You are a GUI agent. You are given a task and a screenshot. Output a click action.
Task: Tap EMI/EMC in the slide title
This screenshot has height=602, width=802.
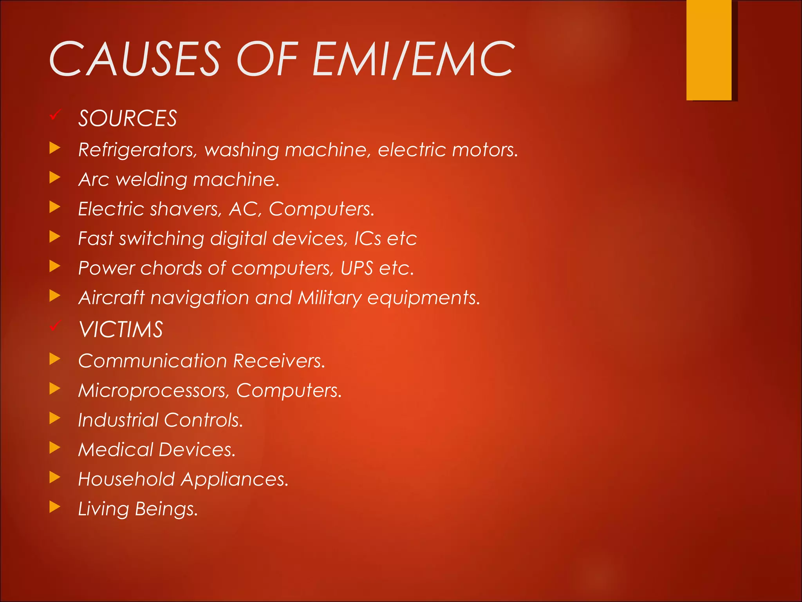coord(413,59)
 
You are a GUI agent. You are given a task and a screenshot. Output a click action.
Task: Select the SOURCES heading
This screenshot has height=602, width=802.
coord(128,118)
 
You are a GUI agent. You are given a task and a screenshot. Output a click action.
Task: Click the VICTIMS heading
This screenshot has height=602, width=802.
coord(121,330)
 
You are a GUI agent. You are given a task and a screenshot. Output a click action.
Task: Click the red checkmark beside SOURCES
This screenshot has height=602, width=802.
coord(55,115)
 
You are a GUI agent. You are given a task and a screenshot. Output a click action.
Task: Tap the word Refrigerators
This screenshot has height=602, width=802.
coord(137,150)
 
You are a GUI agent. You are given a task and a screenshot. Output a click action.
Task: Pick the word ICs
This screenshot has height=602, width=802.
coord(367,239)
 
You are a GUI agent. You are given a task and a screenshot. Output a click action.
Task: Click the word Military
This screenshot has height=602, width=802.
coord(329,298)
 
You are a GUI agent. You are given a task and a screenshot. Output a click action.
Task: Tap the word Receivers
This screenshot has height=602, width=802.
coord(279,361)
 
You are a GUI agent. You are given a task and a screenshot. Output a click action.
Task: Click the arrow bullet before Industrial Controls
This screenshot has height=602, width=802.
coord(55,418)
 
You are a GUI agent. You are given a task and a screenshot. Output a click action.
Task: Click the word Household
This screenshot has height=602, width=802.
coord(126,479)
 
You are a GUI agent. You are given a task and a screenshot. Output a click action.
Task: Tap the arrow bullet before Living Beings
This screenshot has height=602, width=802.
coord(55,507)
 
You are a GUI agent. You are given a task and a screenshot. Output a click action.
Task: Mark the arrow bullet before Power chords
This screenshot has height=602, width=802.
coord(55,267)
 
